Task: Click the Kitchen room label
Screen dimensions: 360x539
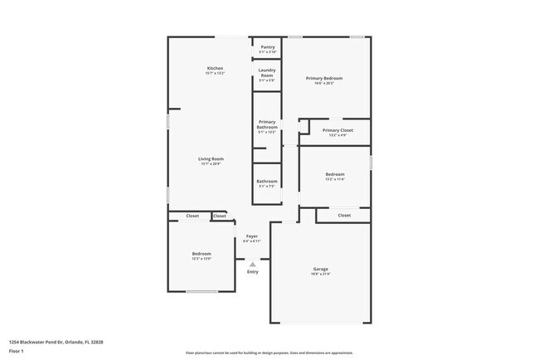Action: [x=215, y=68]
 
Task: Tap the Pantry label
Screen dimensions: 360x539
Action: [x=268, y=47]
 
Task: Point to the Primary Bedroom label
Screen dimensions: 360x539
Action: [x=324, y=78]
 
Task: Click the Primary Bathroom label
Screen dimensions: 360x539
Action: [x=267, y=124]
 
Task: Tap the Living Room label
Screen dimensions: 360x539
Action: [x=211, y=158]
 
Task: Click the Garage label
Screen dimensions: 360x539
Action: [x=320, y=269]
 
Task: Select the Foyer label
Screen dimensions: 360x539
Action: [x=251, y=236]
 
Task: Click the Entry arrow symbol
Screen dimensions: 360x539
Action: [x=253, y=265]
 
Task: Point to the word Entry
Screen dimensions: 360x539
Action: [x=253, y=272]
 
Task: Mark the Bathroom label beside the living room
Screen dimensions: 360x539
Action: [x=267, y=182]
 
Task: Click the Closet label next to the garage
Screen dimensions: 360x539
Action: [x=344, y=216]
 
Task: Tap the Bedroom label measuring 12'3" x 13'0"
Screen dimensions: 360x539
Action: [x=202, y=254]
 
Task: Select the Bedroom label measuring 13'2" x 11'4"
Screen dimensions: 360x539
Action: [x=335, y=174]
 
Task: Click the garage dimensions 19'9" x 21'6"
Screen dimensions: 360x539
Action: [x=320, y=275]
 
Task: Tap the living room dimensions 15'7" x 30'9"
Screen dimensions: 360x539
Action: [x=211, y=163]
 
